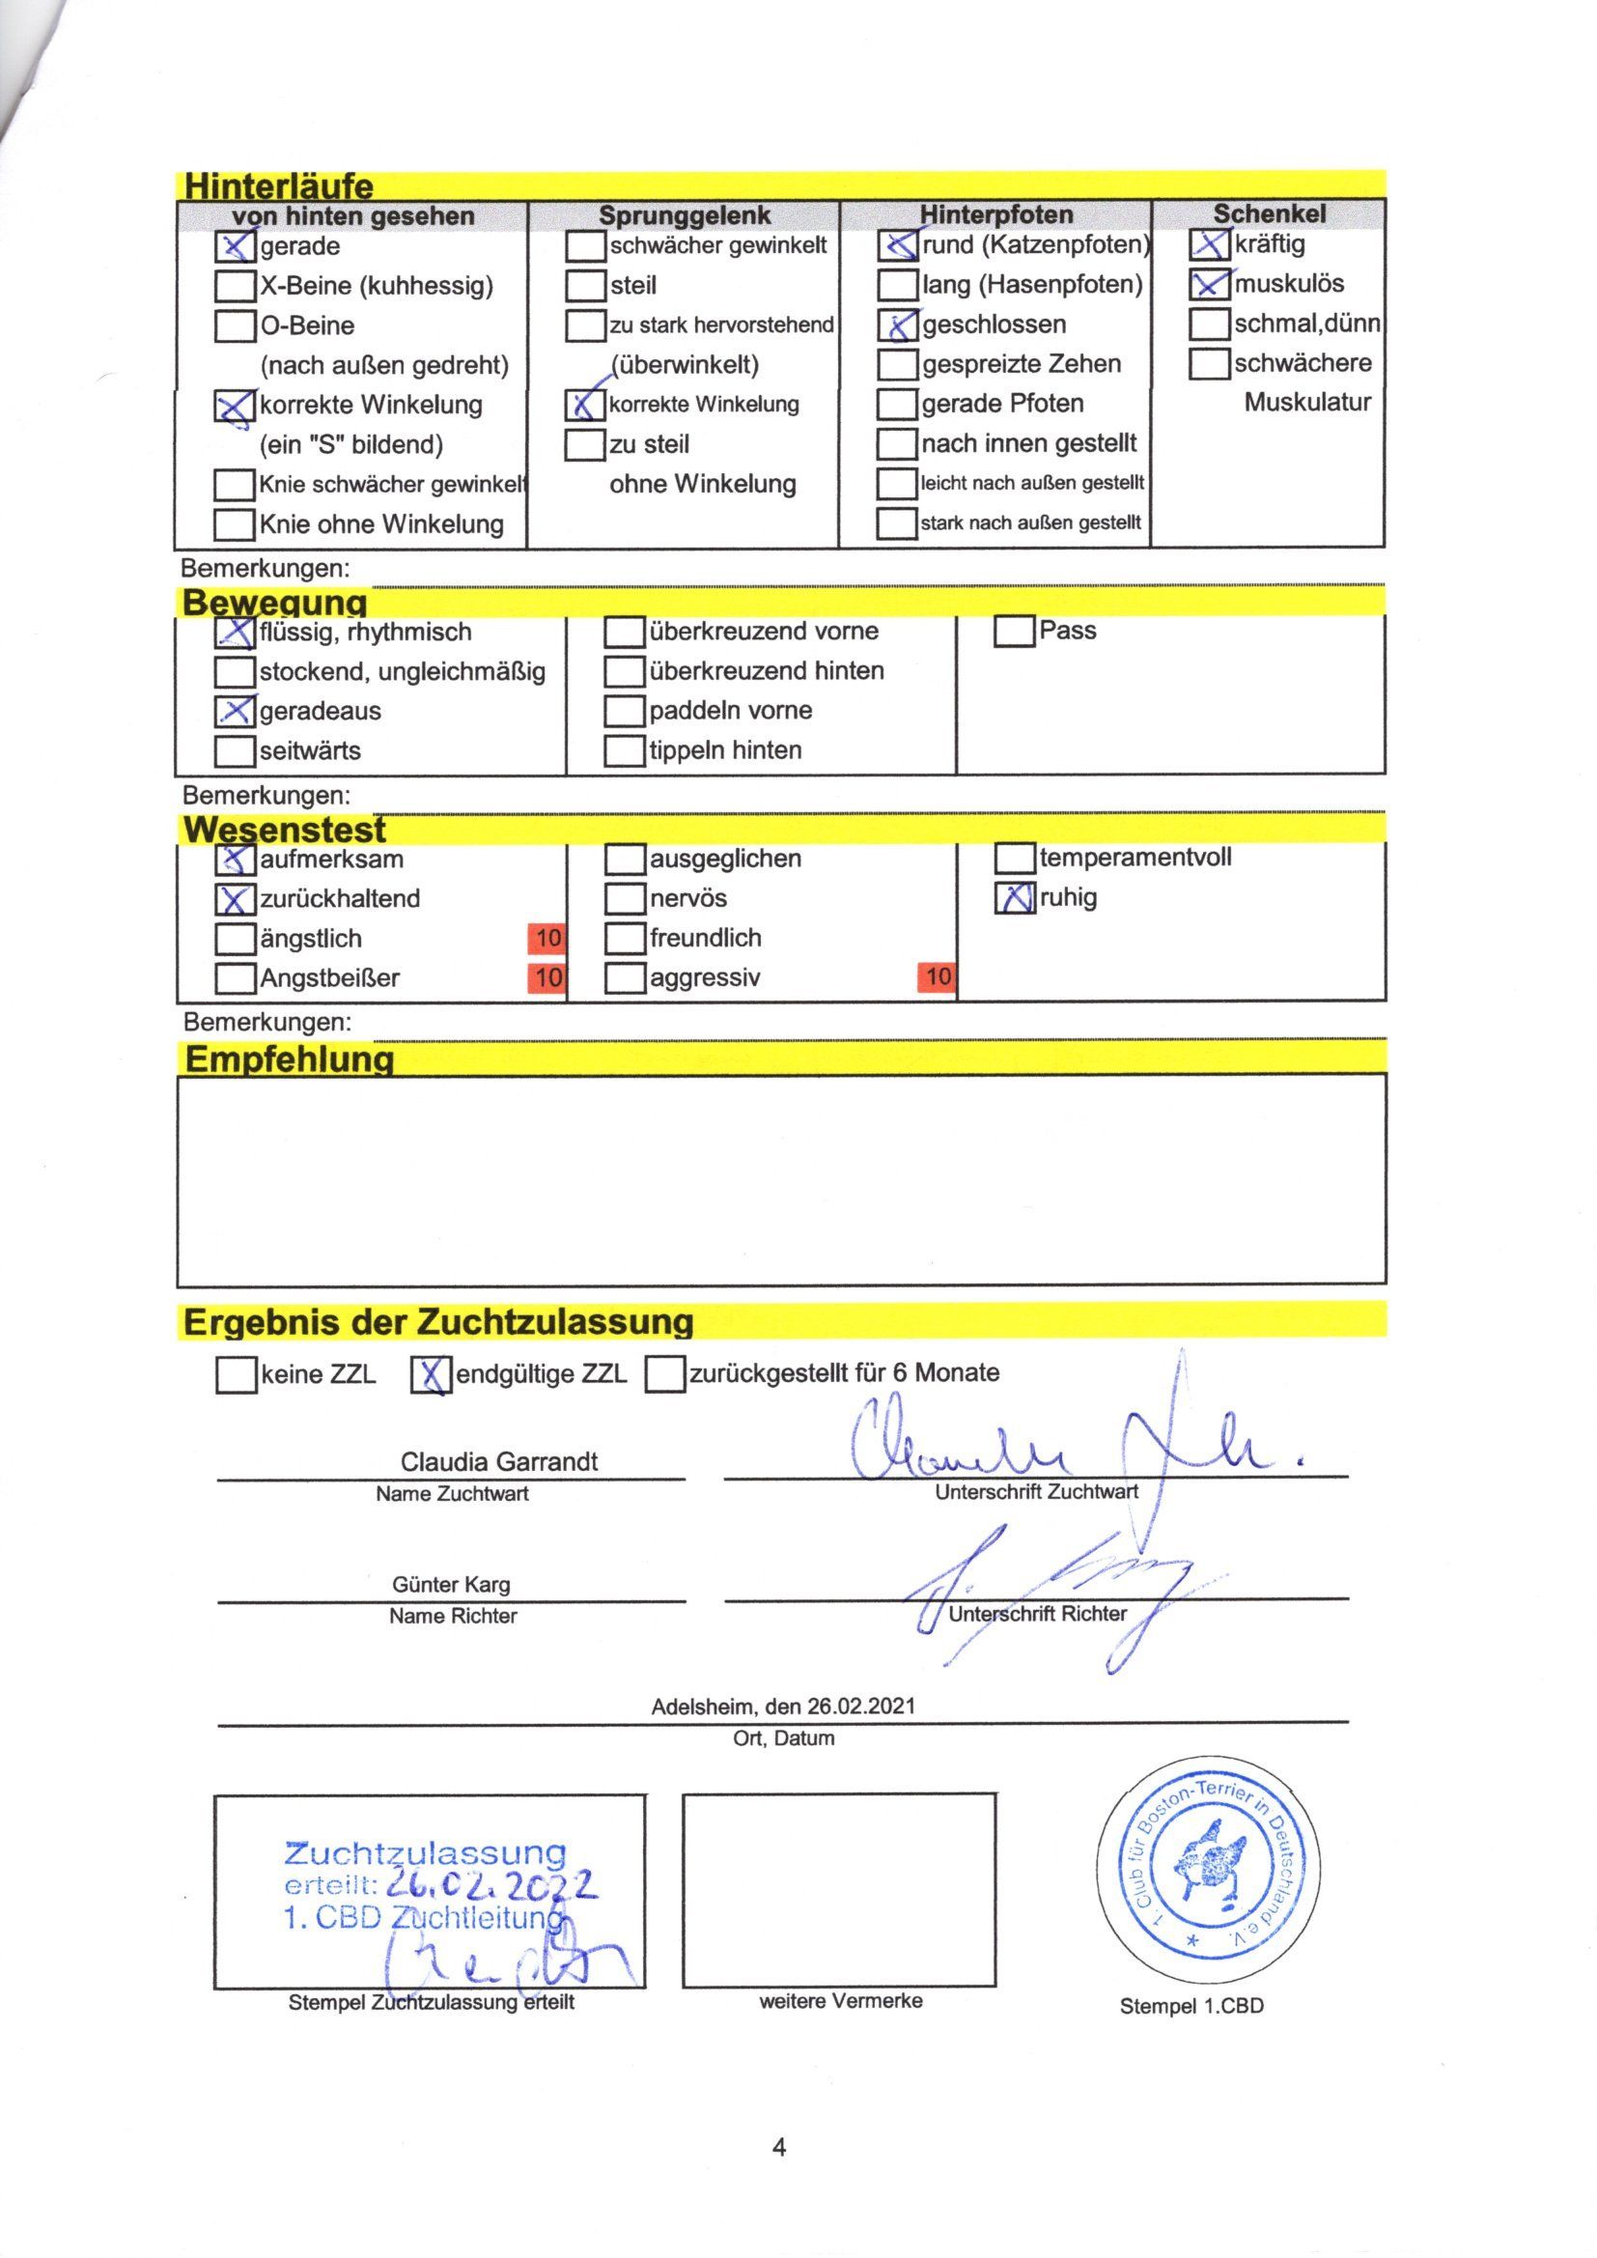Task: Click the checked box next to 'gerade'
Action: click(234, 246)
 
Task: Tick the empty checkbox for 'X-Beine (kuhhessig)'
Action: click(234, 286)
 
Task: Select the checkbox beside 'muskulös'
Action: click(1209, 284)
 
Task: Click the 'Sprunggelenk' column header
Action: click(685, 215)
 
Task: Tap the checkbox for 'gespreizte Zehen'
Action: click(896, 364)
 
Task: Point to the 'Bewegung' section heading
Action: click(275, 602)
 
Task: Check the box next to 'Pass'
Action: click(1014, 631)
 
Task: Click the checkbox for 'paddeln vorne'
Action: click(624, 710)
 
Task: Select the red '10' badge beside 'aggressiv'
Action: click(938, 976)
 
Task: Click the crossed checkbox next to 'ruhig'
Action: click(1015, 898)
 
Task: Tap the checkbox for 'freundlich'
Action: click(624, 938)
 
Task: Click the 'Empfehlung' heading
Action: click(289, 1059)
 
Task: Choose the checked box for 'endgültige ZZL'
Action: click(430, 1375)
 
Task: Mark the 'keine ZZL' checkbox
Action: click(235, 1375)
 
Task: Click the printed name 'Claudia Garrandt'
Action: click(498, 1461)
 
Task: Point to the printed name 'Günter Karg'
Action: click(451, 1584)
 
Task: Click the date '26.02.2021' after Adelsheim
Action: click(861, 1707)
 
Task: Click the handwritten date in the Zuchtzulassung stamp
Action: click(490, 1883)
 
